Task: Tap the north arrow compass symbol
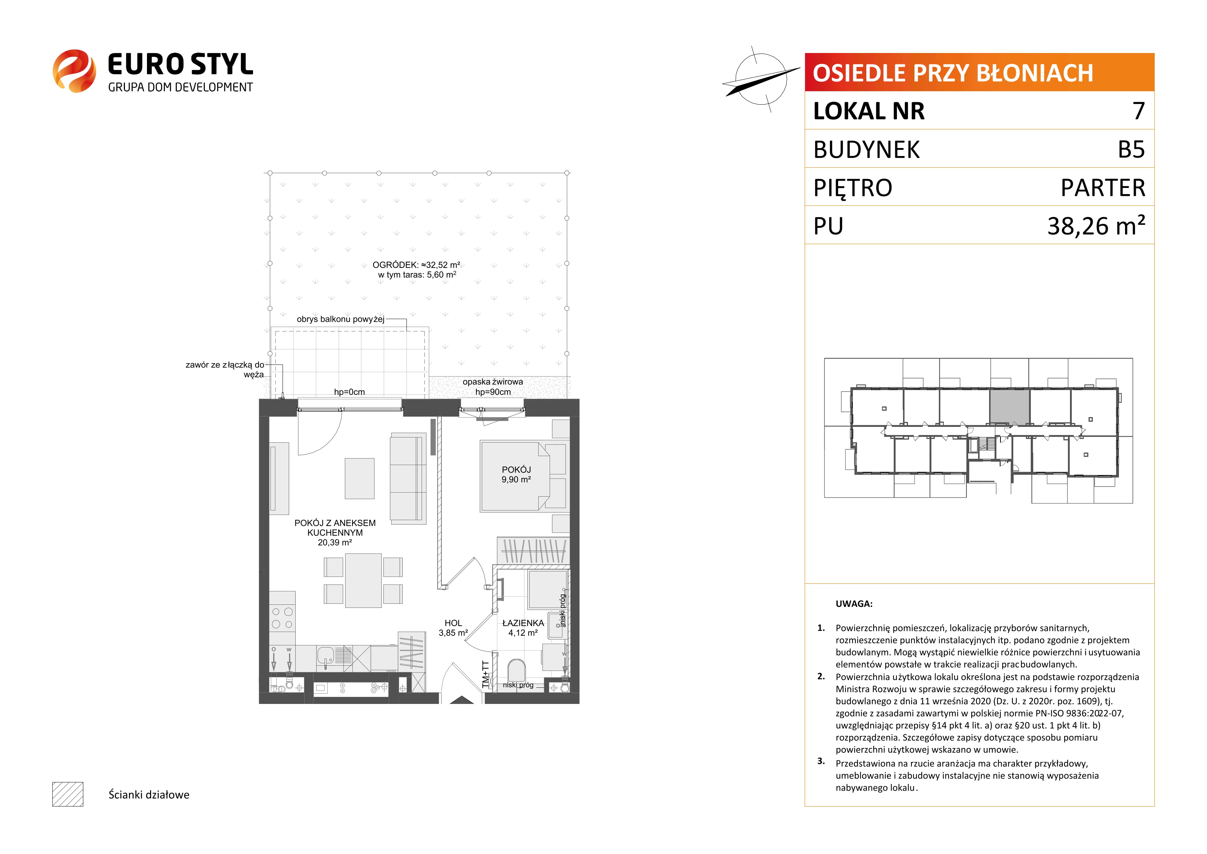(761, 79)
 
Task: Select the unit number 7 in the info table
(1139, 111)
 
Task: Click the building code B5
(1131, 149)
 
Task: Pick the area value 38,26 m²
(1096, 225)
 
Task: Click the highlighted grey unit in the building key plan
(1009, 407)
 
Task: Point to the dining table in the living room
(363, 581)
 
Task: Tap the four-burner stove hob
(282, 618)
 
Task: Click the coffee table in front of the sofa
(360, 478)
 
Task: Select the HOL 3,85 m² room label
(453, 628)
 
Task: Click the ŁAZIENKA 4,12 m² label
(523, 628)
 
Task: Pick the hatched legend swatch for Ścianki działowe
(68, 794)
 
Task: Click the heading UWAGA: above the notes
(854, 604)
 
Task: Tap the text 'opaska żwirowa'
(493, 382)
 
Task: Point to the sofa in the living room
(408, 478)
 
